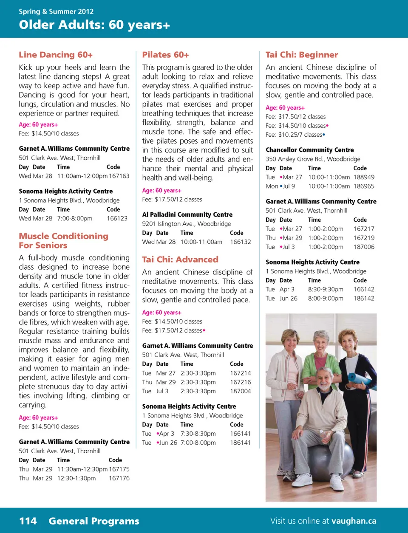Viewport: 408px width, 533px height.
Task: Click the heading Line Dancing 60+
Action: coord(56,55)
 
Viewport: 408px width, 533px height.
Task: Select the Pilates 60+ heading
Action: coord(165,55)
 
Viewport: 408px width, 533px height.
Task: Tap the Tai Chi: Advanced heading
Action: coord(180,259)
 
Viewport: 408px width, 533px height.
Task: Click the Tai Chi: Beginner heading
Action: coord(302,55)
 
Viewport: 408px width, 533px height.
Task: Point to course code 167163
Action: coord(119,176)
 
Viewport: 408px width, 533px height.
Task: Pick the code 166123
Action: coord(117,218)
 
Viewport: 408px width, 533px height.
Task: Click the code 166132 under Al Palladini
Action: coord(241,242)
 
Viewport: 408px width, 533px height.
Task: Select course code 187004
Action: coord(241,391)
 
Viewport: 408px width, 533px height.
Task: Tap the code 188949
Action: coord(364,177)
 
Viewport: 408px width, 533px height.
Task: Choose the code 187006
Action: coord(364,247)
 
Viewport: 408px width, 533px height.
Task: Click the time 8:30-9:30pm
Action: coord(326,289)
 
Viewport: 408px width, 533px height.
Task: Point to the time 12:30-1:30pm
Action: coord(76,478)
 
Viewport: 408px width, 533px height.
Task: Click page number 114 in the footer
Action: coord(28,521)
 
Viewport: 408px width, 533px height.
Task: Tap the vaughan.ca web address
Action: coord(354,521)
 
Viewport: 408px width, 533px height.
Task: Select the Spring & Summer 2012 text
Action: coord(56,11)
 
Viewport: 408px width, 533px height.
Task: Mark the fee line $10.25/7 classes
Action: coord(295,135)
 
